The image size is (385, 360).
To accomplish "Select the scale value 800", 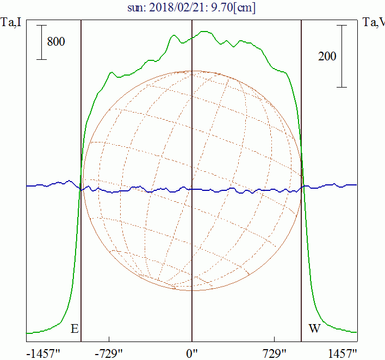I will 56,41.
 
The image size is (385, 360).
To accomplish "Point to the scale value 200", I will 327,56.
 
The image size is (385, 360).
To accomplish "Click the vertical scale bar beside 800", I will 41,41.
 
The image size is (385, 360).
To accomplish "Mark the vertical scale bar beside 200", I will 341,56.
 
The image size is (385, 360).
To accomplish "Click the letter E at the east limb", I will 74,329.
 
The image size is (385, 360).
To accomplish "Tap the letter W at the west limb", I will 314,329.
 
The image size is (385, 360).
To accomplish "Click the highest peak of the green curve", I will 204,32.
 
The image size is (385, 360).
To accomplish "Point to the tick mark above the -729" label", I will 109,339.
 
